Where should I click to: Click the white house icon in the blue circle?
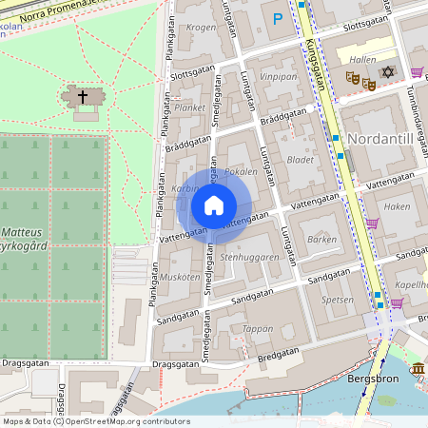[x=214, y=205]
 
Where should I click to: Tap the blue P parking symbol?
[x=278, y=18]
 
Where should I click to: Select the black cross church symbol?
[x=83, y=97]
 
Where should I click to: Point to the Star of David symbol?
[x=387, y=72]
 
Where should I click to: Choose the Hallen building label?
[x=362, y=59]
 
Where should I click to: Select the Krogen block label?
[x=201, y=28]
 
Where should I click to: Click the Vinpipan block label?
[x=278, y=75]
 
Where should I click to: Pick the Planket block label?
[x=190, y=108]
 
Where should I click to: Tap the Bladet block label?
[x=300, y=160]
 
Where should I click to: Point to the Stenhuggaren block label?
[x=249, y=257]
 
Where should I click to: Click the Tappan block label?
[x=258, y=328]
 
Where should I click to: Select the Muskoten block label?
[x=180, y=276]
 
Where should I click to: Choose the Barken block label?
[x=322, y=240]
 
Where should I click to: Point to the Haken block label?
[x=397, y=205]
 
